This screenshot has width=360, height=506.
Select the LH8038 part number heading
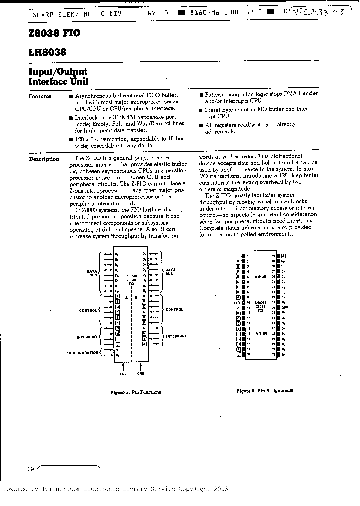coord(47,52)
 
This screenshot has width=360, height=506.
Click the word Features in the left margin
coord(40,96)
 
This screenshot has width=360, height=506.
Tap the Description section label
coord(44,159)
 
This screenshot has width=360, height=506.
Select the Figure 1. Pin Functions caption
coord(135,392)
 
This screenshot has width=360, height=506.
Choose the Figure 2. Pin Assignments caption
coord(265,391)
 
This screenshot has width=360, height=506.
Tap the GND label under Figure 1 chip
coord(140,374)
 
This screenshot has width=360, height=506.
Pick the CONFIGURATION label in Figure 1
coord(83,352)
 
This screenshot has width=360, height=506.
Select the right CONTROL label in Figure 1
coord(175,310)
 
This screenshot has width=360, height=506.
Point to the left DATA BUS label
coord(91,272)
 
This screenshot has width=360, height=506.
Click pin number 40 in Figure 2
coord(273,255)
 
